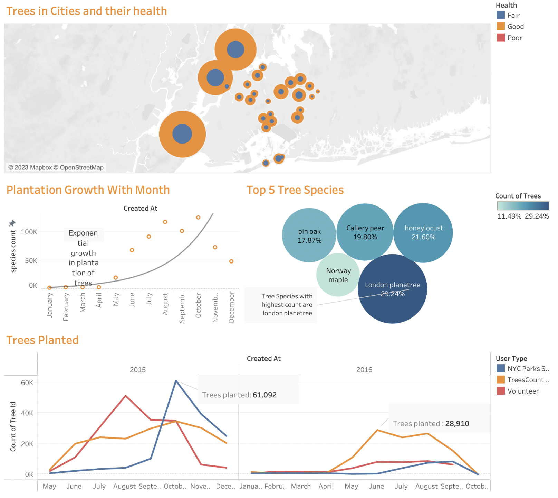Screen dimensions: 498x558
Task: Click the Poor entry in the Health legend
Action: click(x=514, y=38)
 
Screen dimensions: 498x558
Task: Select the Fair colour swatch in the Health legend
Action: click(x=501, y=15)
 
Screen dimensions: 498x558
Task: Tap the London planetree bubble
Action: click(x=393, y=289)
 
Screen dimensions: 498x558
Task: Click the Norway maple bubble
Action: click(x=338, y=275)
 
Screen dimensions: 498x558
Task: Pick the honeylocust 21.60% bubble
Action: click(x=423, y=233)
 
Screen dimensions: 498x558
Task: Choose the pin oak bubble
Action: click(x=309, y=236)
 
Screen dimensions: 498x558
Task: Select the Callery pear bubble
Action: click(x=365, y=232)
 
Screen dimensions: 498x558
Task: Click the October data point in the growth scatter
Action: click(x=198, y=218)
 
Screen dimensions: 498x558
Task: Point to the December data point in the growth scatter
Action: click(x=231, y=261)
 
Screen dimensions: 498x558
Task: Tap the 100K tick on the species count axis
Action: click(x=29, y=232)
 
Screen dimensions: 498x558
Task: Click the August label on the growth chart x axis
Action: click(x=165, y=304)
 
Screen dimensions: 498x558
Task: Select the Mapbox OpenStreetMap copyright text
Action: click(x=56, y=168)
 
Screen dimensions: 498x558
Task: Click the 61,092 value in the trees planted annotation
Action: click(x=264, y=395)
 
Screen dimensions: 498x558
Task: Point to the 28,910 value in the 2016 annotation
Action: click(x=457, y=424)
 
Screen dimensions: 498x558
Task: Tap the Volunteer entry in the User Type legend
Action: click(x=523, y=391)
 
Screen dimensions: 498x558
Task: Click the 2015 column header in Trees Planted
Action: click(x=137, y=370)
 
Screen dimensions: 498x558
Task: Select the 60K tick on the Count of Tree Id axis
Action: click(x=27, y=382)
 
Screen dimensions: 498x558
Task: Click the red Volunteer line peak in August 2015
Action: click(x=126, y=396)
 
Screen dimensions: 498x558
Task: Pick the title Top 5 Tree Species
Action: click(x=295, y=190)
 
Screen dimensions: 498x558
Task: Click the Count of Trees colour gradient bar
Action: click(x=523, y=206)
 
